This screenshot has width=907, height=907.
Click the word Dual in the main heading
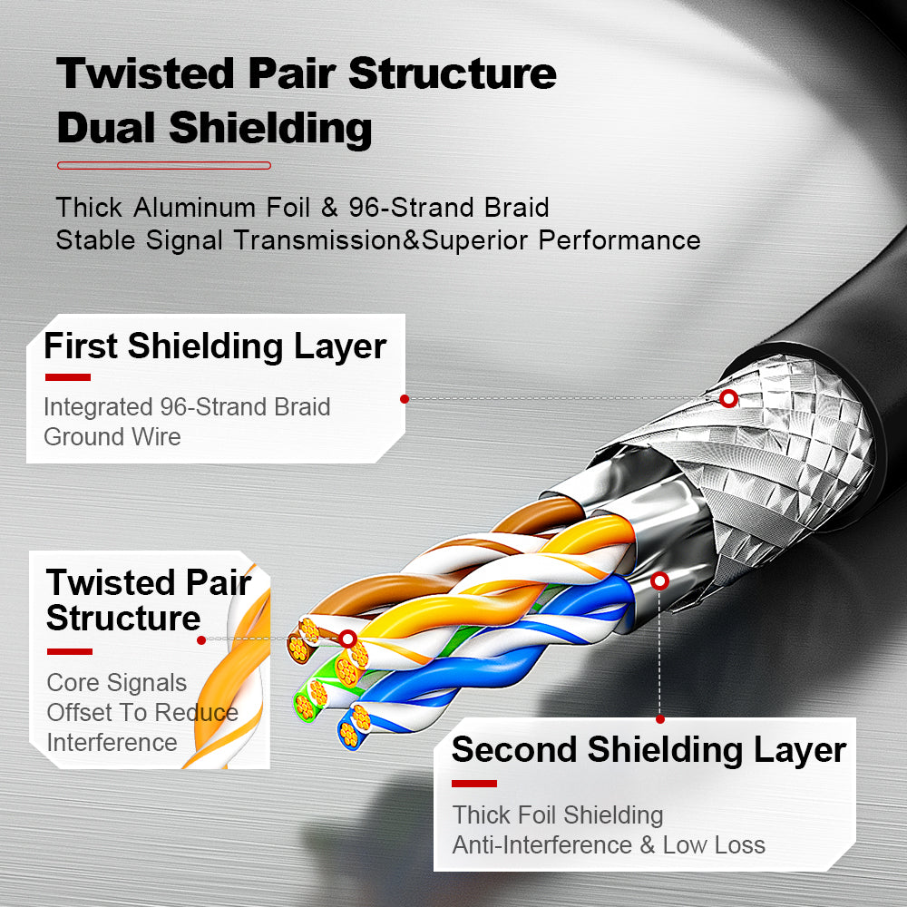tap(108, 128)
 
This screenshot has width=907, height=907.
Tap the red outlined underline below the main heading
tap(164, 166)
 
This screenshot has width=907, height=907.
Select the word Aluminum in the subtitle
tap(194, 208)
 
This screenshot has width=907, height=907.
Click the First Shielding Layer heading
tap(215, 346)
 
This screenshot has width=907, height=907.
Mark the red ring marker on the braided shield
tap(728, 398)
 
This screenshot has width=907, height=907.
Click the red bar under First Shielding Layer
tap(67, 377)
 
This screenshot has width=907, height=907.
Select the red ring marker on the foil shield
tap(660, 580)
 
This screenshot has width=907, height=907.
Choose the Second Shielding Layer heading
tap(648, 750)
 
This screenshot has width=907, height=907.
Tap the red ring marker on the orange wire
tap(347, 639)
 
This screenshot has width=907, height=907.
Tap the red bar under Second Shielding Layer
tap(474, 784)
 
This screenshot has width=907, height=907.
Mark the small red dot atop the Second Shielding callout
tap(660, 718)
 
